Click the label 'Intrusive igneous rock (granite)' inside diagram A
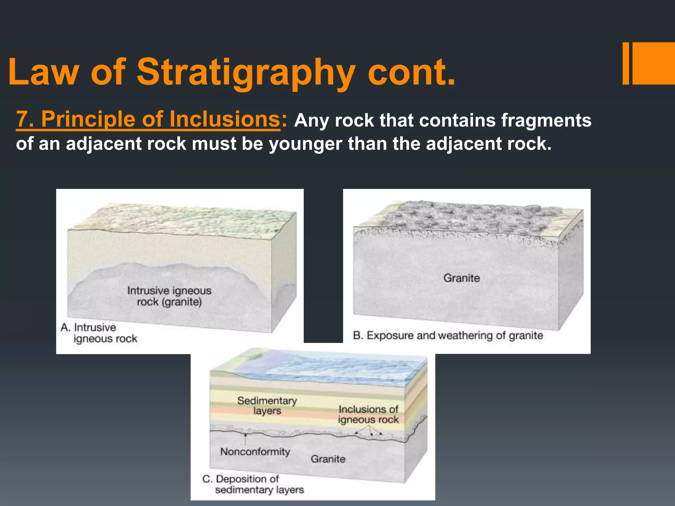point(169,296)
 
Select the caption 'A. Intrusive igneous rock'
point(99,333)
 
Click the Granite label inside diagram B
point(461,278)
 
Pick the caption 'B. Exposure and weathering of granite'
point(448,335)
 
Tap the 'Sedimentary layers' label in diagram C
point(267,406)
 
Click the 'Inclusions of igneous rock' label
point(368,414)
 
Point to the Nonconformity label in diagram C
point(255,452)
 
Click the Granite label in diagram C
point(328,459)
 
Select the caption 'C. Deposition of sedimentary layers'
point(253,484)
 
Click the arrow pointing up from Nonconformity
point(245,439)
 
